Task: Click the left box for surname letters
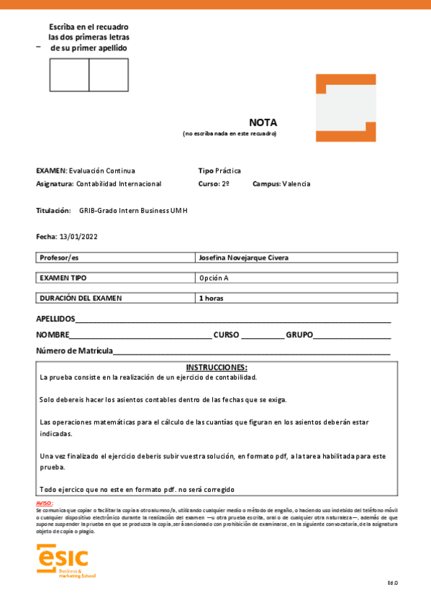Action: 69,75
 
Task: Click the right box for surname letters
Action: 109,75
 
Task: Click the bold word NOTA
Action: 263,122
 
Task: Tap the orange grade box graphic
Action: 345,108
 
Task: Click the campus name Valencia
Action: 296,183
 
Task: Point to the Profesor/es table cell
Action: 115,258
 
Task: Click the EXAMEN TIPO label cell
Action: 115,278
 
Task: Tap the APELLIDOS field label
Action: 55,319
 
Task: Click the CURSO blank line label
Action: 227,334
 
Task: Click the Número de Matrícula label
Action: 74,350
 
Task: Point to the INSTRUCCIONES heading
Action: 217,367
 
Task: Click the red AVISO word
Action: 44,503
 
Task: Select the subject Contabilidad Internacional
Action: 119,183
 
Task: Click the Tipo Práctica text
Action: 219,170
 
